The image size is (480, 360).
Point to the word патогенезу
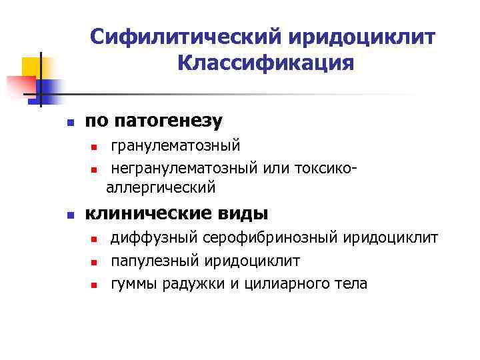(x=169, y=121)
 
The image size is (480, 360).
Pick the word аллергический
(x=161, y=188)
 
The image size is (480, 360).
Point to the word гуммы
(x=133, y=283)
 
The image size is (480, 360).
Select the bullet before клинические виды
(x=69, y=215)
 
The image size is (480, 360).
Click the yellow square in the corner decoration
(x=31, y=67)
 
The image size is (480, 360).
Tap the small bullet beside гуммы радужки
(x=95, y=285)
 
